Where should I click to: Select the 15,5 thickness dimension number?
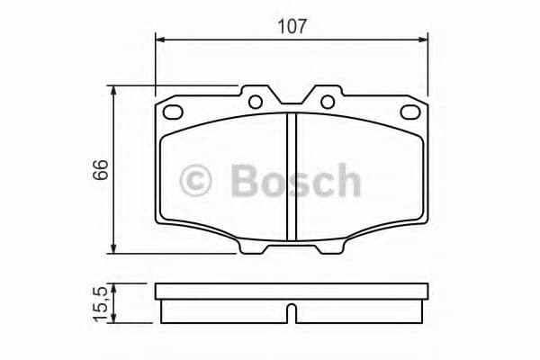click(x=100, y=302)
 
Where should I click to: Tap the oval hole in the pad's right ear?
click(x=410, y=112)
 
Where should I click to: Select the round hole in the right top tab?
click(x=327, y=101)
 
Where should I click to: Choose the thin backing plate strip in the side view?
click(x=291, y=292)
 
